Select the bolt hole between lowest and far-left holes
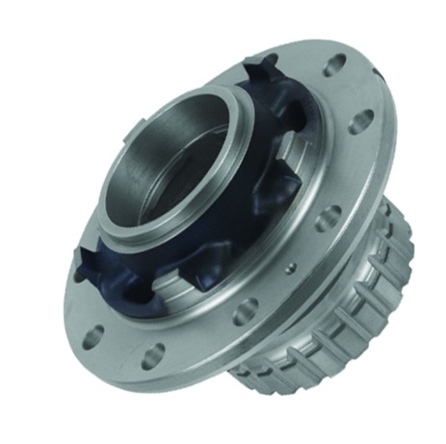tap(94, 334)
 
